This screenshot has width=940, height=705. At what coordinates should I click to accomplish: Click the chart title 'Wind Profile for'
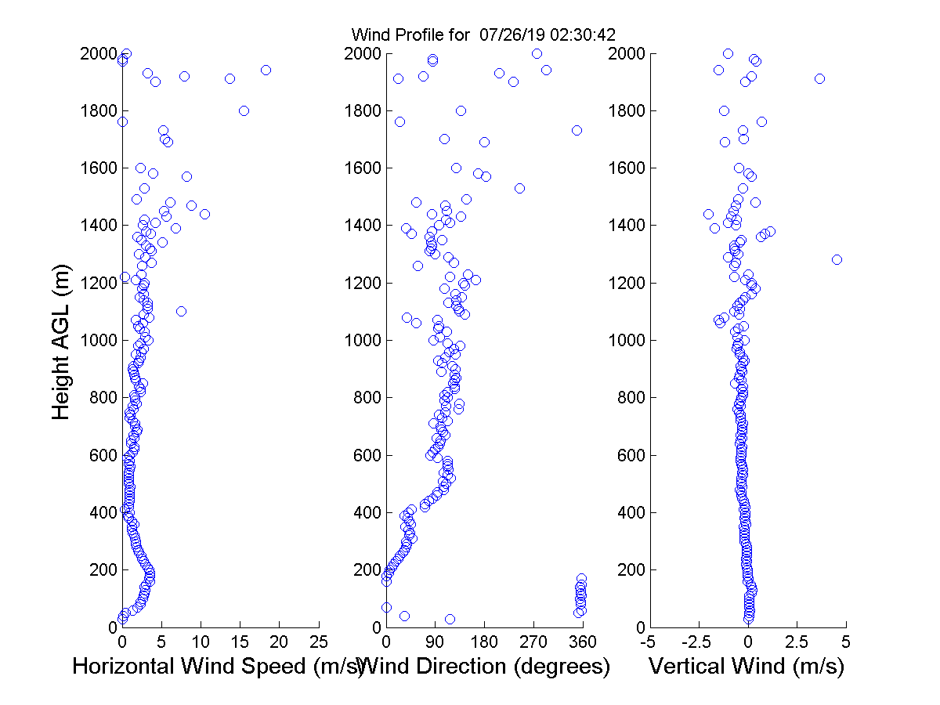[410, 34]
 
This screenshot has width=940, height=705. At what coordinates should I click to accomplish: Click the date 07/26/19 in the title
[506, 34]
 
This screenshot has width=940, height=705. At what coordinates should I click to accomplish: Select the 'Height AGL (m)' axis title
[62, 340]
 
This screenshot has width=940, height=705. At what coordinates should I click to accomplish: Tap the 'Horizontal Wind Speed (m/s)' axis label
[218, 667]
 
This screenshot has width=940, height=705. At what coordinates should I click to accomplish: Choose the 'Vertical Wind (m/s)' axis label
[747, 667]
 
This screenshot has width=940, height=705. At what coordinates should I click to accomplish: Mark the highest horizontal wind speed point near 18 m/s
[266, 70]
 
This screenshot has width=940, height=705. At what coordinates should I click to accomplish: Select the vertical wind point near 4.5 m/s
[837, 259]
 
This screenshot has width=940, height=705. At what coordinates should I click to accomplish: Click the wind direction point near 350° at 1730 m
[577, 130]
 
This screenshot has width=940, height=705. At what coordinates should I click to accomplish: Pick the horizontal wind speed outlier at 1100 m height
[181, 311]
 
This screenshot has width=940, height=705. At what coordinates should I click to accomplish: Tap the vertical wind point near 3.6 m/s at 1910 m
[819, 78]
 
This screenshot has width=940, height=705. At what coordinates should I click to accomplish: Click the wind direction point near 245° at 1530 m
[519, 188]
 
